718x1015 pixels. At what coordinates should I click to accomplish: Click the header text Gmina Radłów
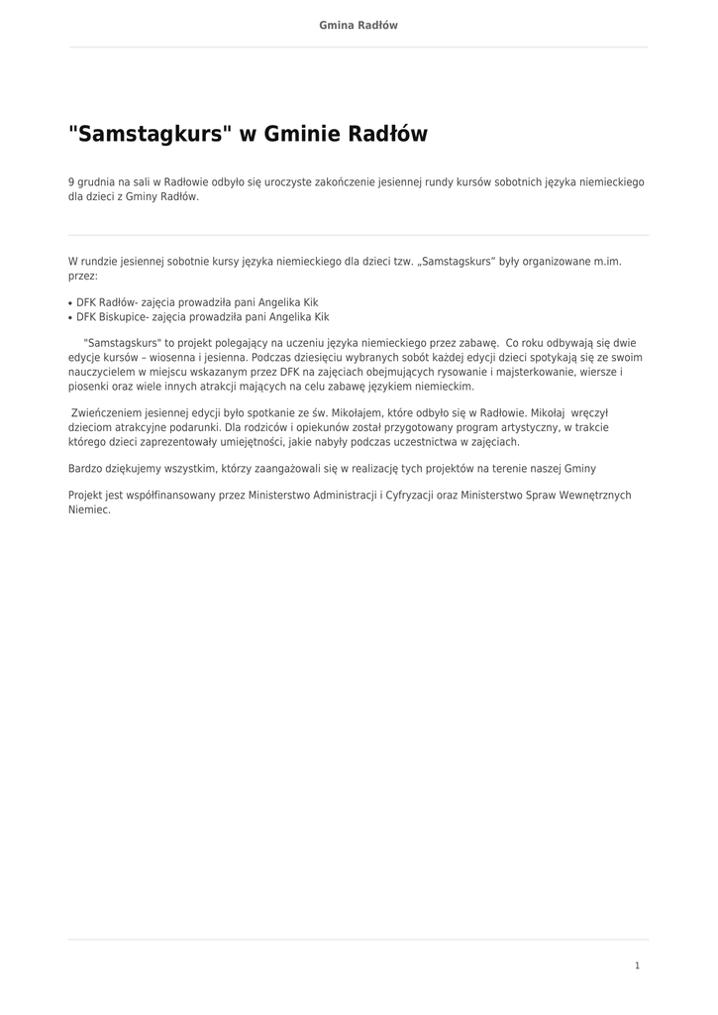click(358, 25)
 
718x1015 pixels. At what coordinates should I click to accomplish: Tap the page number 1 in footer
click(637, 965)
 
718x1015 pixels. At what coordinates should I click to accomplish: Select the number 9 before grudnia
click(71, 182)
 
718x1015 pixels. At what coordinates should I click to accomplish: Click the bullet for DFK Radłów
click(70, 303)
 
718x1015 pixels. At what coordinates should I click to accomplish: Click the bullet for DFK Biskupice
click(70, 318)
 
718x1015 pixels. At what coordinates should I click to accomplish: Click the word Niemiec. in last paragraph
click(89, 509)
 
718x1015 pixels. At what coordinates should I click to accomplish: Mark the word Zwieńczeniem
click(105, 412)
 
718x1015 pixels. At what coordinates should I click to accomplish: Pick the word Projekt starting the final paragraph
click(85, 495)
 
